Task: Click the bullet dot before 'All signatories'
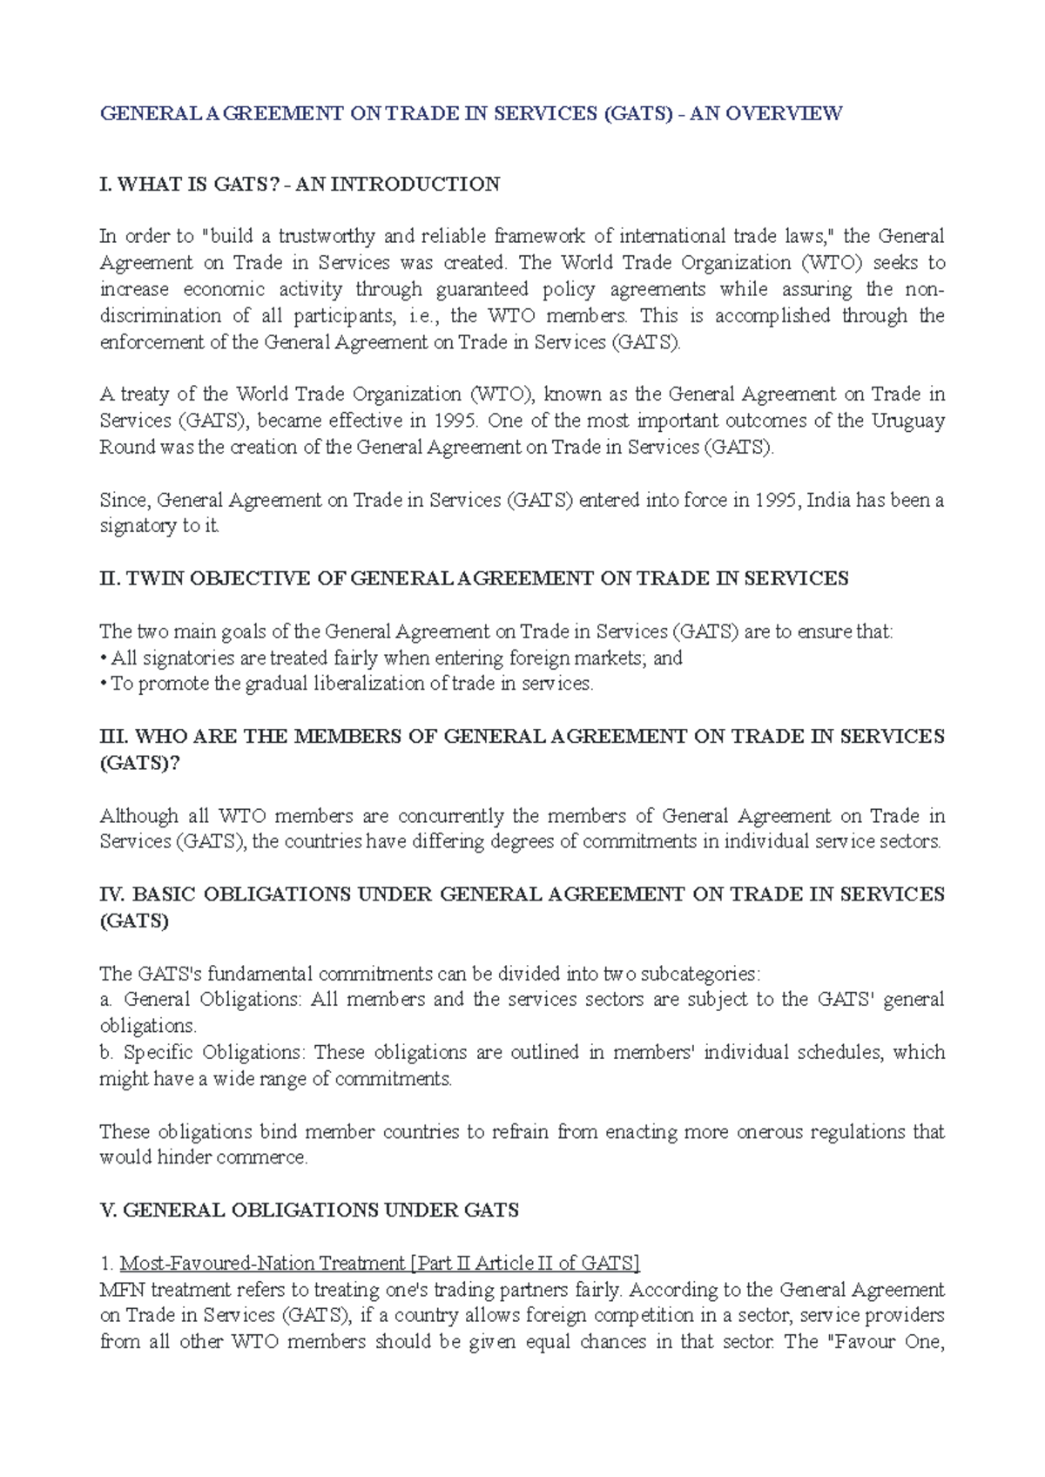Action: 104,658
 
